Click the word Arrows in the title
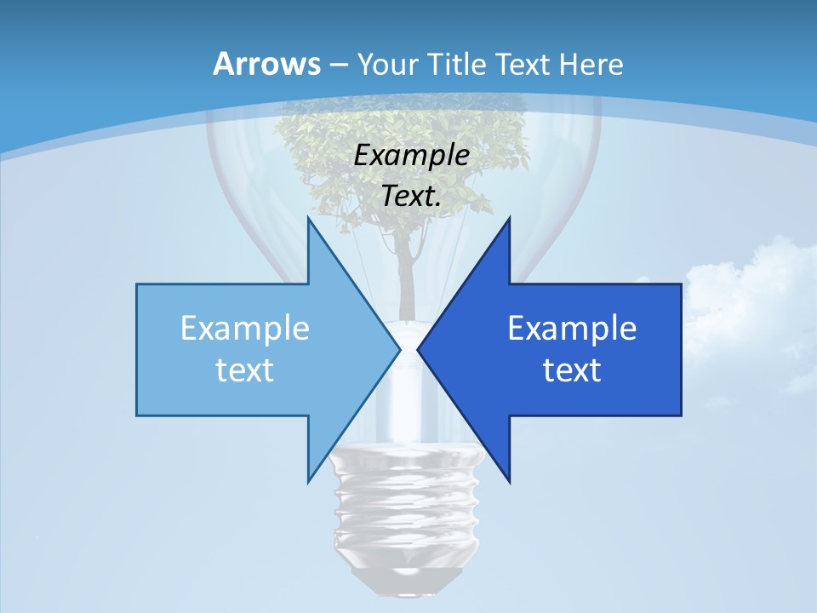point(266,64)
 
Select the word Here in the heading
point(592,64)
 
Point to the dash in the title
point(338,65)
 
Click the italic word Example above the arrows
point(412,156)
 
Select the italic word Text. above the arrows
point(412,196)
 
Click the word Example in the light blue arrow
point(245,328)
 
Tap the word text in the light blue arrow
point(245,370)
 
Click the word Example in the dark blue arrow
point(572,328)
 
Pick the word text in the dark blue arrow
point(572,370)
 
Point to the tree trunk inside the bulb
point(407,272)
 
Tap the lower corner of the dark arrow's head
point(509,481)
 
